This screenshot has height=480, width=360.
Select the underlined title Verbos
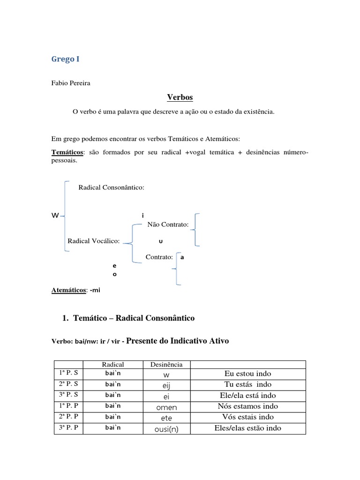coord(180,97)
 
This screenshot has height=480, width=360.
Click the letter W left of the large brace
coord(55,216)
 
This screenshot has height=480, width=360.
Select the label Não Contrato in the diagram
coord(168,225)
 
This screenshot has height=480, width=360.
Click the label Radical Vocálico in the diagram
coord(94,241)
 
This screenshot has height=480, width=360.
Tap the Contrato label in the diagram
coord(159,257)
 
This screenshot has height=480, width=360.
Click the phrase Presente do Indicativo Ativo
coord(178,341)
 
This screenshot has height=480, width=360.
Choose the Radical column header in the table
coord(113,364)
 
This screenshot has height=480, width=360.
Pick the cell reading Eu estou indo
coord(247,374)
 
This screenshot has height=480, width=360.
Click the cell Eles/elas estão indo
coord(247,428)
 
